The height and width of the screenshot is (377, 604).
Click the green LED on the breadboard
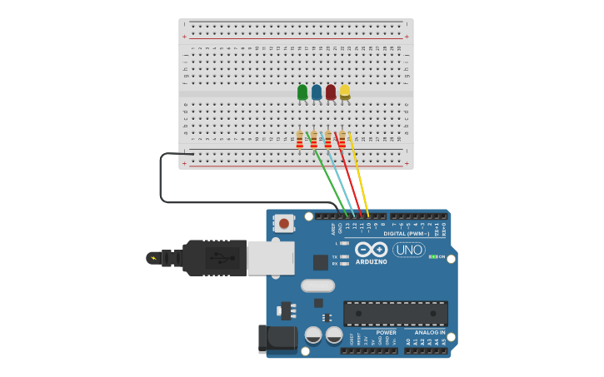tap(302, 92)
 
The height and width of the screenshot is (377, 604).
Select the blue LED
tap(317, 92)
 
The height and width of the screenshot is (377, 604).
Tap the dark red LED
tap(331, 92)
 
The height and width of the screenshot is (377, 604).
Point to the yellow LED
tap(345, 92)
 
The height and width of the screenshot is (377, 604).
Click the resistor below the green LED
tap(300, 140)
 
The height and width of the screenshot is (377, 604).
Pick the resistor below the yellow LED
tap(342, 140)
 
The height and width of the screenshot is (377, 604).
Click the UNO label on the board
tap(409, 250)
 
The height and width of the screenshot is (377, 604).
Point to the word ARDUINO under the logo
tap(372, 262)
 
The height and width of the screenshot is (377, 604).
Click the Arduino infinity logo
tap(371, 249)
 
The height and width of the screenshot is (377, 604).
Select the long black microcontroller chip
tap(396, 314)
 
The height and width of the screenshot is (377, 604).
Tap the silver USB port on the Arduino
tap(271, 258)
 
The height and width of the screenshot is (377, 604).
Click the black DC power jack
tap(277, 339)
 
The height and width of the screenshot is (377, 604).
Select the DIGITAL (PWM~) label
tap(407, 234)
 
